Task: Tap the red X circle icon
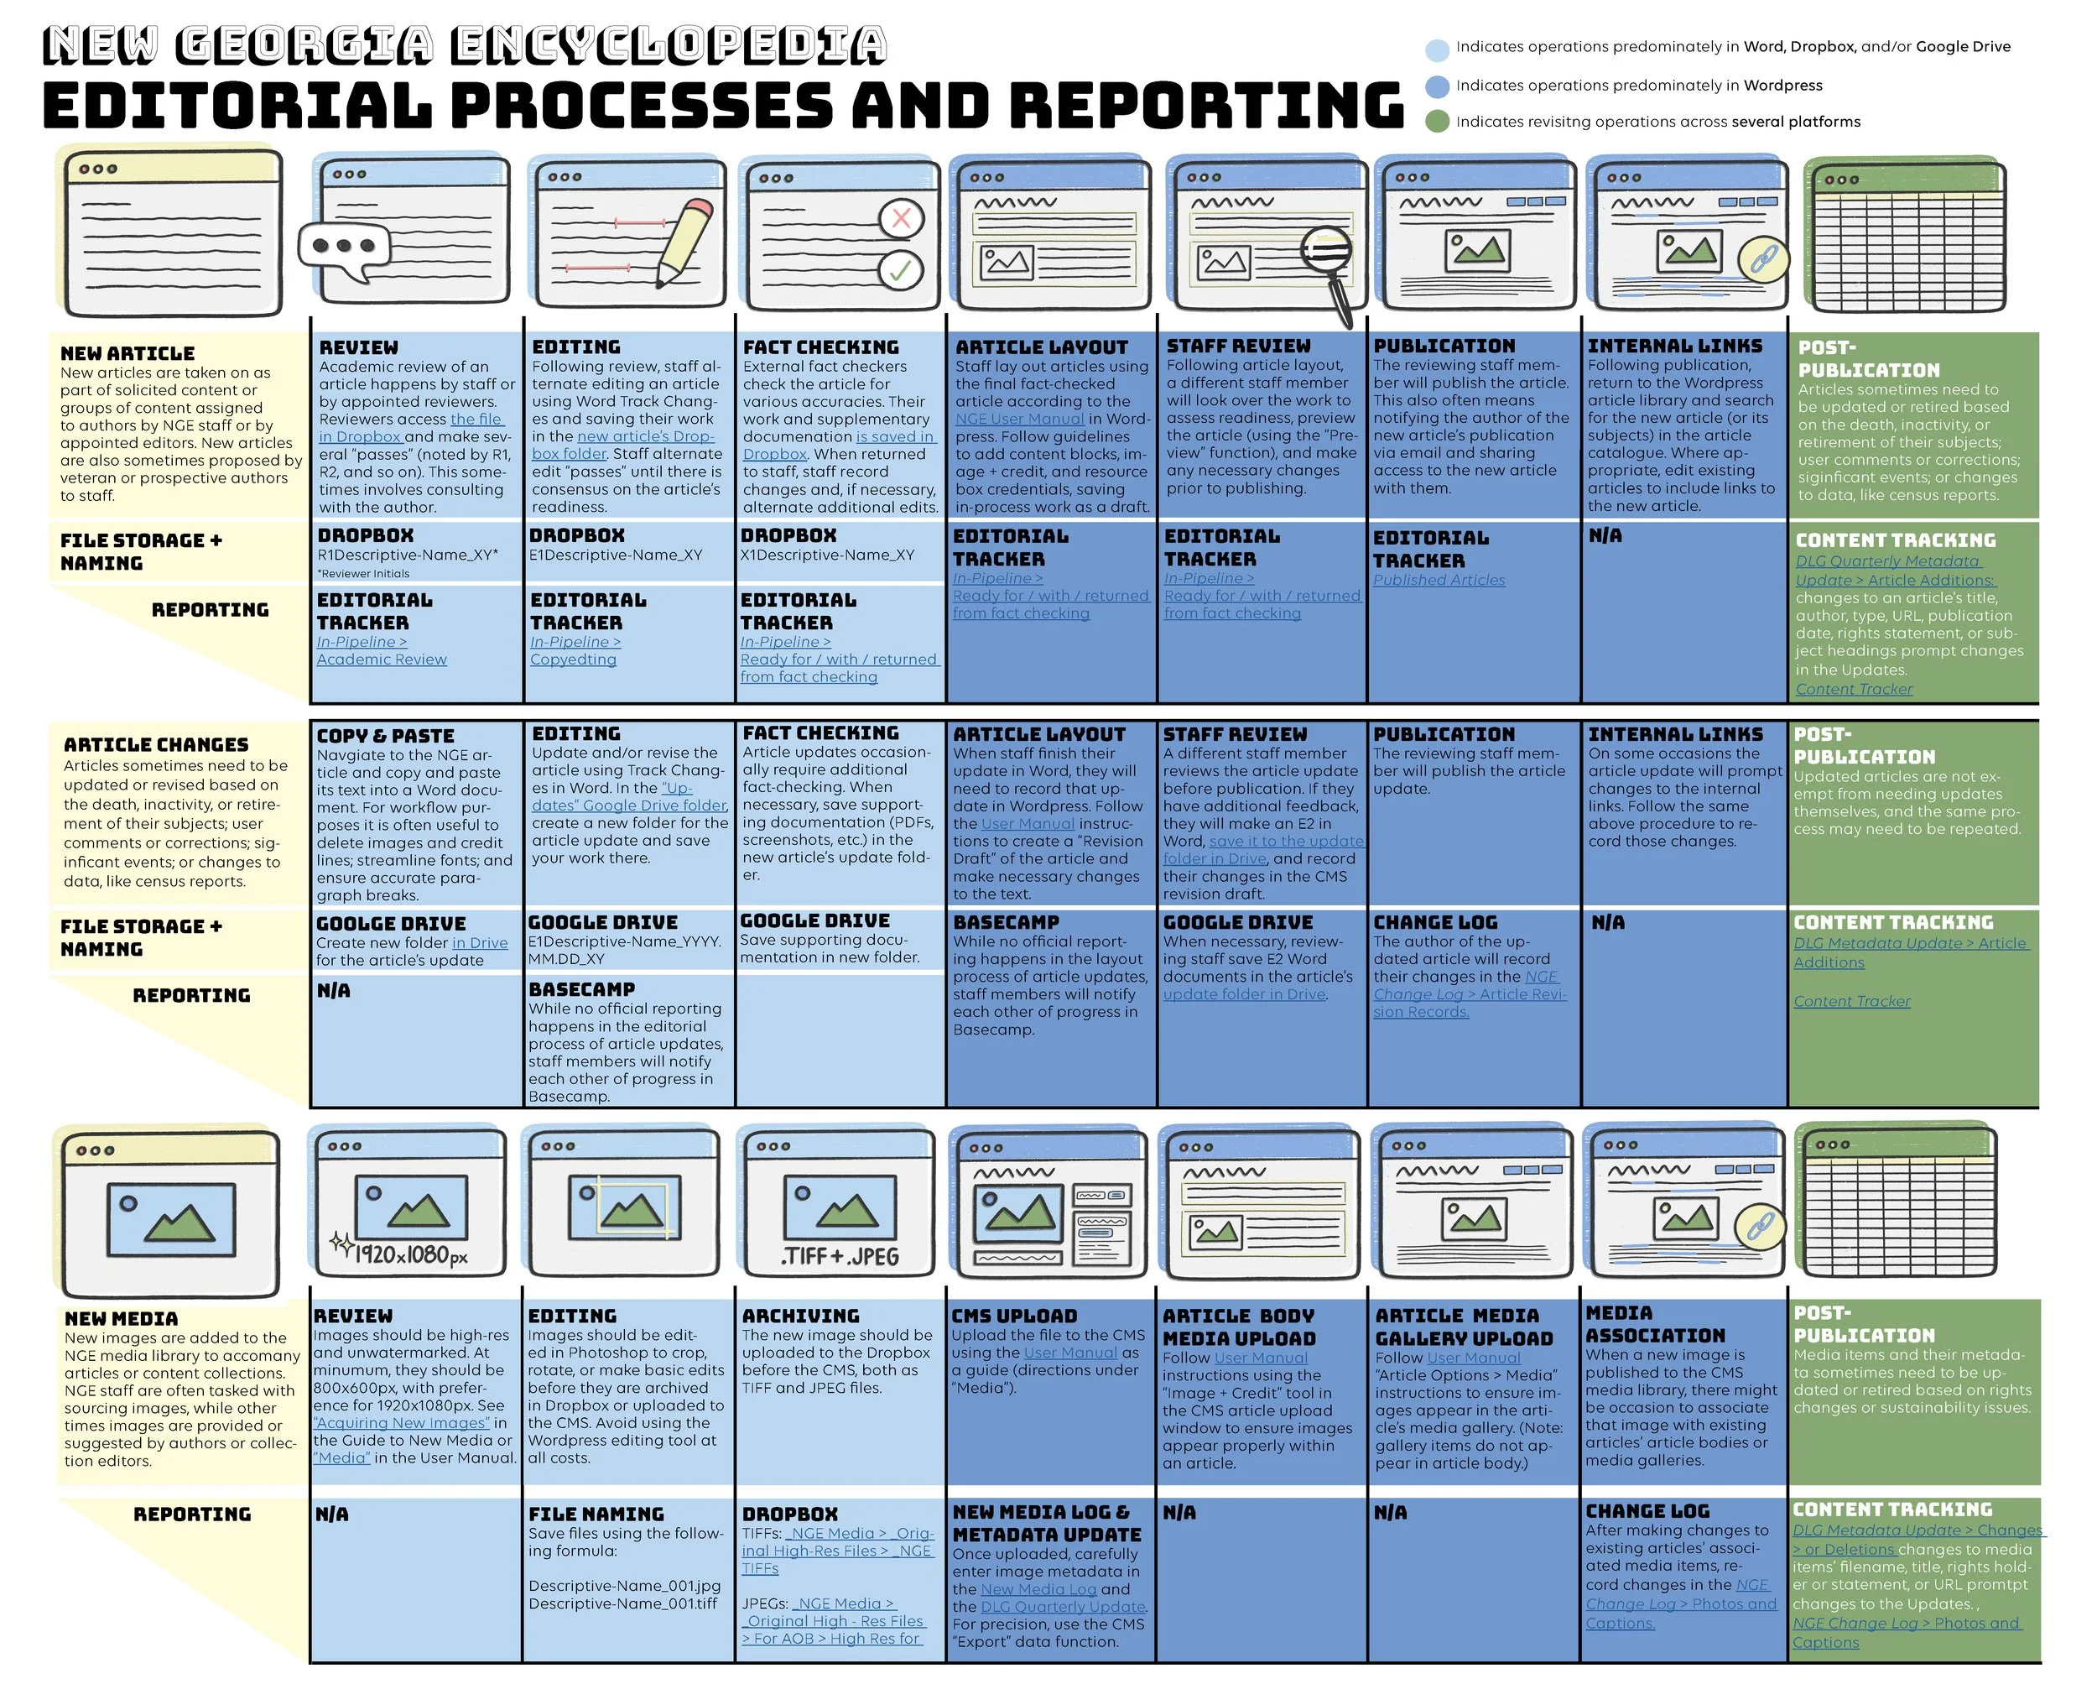(x=901, y=218)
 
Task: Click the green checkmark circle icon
(x=901, y=269)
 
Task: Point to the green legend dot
(x=1436, y=122)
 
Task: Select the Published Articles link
(x=1439, y=580)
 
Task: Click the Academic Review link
(x=382, y=660)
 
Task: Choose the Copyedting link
(x=573, y=660)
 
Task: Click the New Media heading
(x=122, y=1319)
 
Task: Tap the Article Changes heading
(x=157, y=745)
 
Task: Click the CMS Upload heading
(x=1013, y=1316)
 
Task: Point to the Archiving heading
(x=800, y=1316)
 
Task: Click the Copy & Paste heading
(x=385, y=737)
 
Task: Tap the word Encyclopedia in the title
(x=669, y=45)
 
